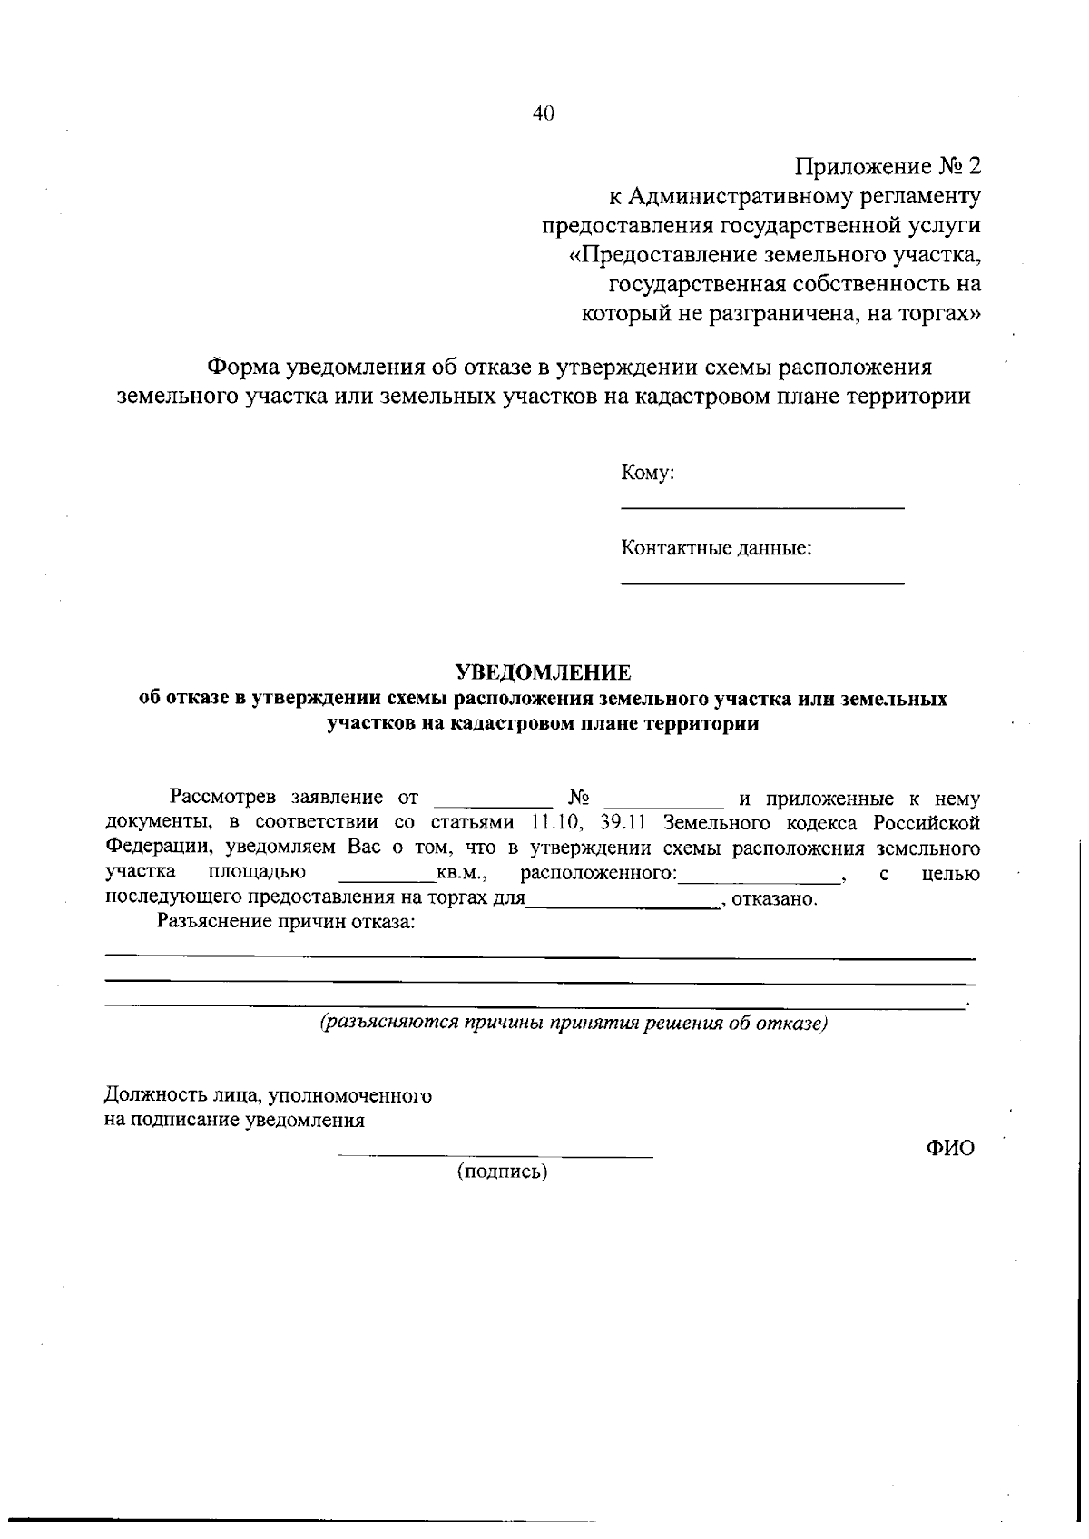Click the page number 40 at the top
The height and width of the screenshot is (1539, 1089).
pyautogui.click(x=544, y=113)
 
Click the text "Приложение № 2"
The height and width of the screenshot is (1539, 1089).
pyautogui.click(x=888, y=167)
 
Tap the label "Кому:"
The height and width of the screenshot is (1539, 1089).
pyautogui.click(x=647, y=473)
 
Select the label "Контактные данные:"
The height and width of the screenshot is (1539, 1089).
pyautogui.click(x=716, y=549)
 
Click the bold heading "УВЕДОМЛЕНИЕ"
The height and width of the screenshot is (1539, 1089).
pyautogui.click(x=543, y=672)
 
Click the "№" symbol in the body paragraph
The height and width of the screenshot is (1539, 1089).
pyautogui.click(x=580, y=798)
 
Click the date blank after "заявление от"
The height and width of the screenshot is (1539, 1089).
pyautogui.click(x=494, y=804)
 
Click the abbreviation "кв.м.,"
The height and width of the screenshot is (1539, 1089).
pyautogui.click(x=464, y=874)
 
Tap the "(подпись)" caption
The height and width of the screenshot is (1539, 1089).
pyautogui.click(x=502, y=1171)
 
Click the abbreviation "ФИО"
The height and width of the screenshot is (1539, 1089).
pyautogui.click(x=950, y=1148)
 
